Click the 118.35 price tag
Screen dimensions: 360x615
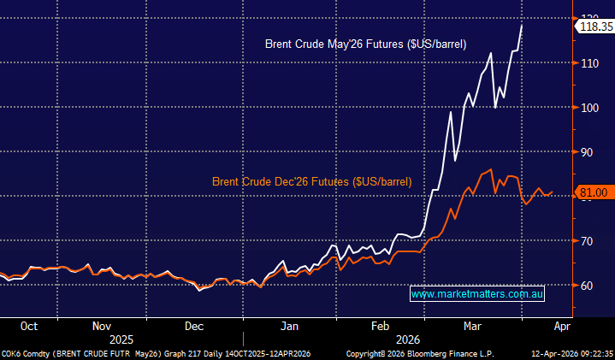pyautogui.click(x=594, y=27)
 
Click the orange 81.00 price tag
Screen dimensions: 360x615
pyautogui.click(x=594, y=193)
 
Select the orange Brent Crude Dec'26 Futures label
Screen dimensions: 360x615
pyautogui.click(x=311, y=182)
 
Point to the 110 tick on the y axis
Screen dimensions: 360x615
pyautogui.click(x=589, y=63)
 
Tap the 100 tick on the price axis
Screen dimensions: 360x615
pyautogui.click(x=589, y=108)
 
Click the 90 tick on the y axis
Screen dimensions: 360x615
pyautogui.click(x=587, y=152)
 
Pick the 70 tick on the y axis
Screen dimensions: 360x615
pyautogui.click(x=587, y=241)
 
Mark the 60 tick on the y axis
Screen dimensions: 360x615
pyautogui.click(x=587, y=286)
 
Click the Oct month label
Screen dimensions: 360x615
pyautogui.click(x=28, y=326)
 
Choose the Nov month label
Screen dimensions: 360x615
pyautogui.click(x=101, y=326)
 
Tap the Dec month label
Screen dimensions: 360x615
pyautogui.click(x=193, y=326)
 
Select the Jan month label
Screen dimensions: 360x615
pyautogui.click(x=290, y=326)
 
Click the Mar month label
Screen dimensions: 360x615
pyautogui.click(x=471, y=326)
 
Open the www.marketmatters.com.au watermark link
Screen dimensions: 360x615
pyautogui.click(x=477, y=294)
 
